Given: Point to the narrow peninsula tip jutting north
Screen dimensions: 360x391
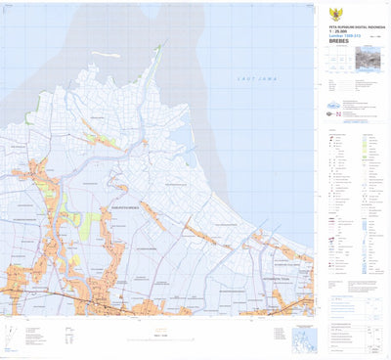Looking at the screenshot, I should (159, 48).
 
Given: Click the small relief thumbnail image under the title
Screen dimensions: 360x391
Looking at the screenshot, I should (370, 61).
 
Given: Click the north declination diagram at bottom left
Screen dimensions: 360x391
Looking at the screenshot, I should (9, 337).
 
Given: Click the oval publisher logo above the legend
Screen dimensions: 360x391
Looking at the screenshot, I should (332, 107).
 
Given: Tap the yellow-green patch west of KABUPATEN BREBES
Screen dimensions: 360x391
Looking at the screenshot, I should (87, 225).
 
